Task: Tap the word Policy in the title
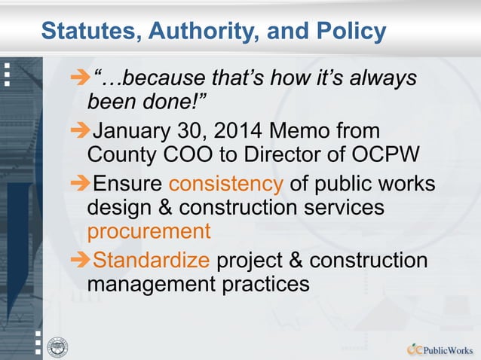point(350,32)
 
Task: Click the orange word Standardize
point(151,261)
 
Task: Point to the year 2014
point(232,130)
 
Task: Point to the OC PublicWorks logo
point(440,349)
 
